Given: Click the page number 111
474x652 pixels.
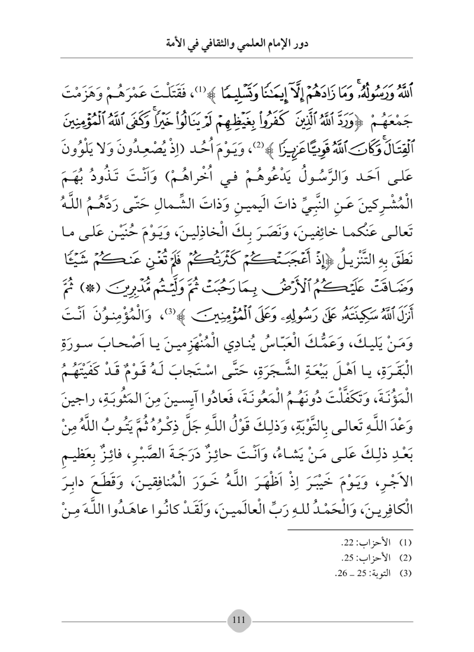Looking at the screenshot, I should (237, 621).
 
